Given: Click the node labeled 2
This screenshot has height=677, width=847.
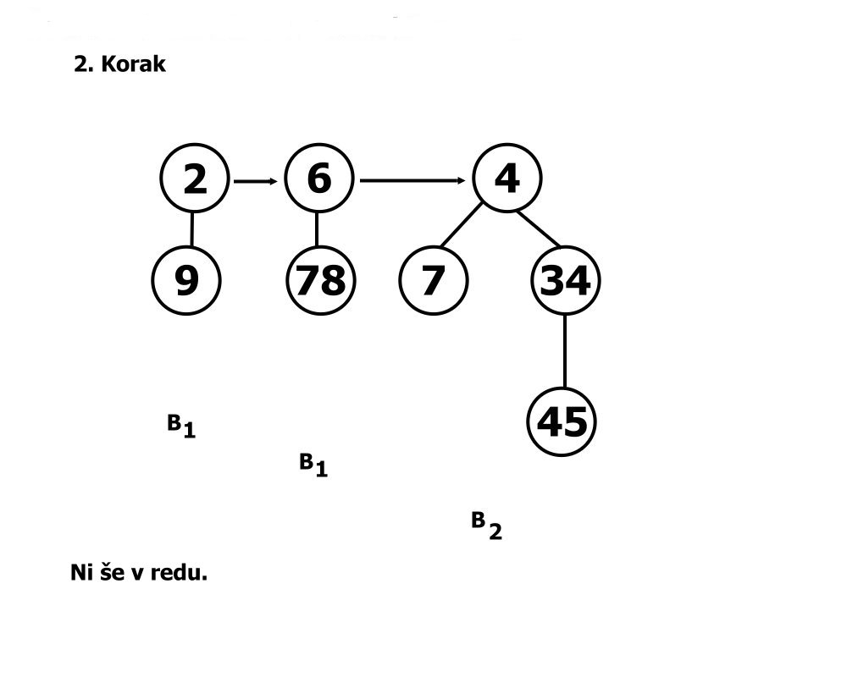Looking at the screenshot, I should [194, 179].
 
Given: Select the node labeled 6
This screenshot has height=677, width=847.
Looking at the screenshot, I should [318, 179].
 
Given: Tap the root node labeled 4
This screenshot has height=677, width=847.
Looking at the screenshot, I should [506, 179].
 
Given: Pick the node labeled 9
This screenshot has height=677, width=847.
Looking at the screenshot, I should [186, 280].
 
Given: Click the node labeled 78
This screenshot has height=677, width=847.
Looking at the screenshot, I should [319, 280].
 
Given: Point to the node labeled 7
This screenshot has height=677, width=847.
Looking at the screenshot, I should [432, 280].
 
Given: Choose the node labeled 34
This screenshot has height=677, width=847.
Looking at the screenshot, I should [565, 280].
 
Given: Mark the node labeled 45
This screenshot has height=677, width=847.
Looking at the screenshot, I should [562, 421].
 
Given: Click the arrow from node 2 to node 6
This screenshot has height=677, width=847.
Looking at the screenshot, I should [256, 181].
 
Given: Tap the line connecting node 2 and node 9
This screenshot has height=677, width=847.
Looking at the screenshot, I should [191, 228].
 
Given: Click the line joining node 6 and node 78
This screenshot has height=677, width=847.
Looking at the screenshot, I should [317, 228].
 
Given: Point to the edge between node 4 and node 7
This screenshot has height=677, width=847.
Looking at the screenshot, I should [462, 226].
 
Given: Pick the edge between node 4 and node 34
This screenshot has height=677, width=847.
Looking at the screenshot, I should [540, 227].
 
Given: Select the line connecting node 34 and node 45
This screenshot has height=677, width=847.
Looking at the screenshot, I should [564, 350].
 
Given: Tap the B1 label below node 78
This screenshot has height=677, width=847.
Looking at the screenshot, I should [313, 465].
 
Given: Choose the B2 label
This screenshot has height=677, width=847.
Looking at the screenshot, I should [486, 526].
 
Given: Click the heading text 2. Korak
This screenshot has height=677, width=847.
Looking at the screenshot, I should [119, 65].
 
